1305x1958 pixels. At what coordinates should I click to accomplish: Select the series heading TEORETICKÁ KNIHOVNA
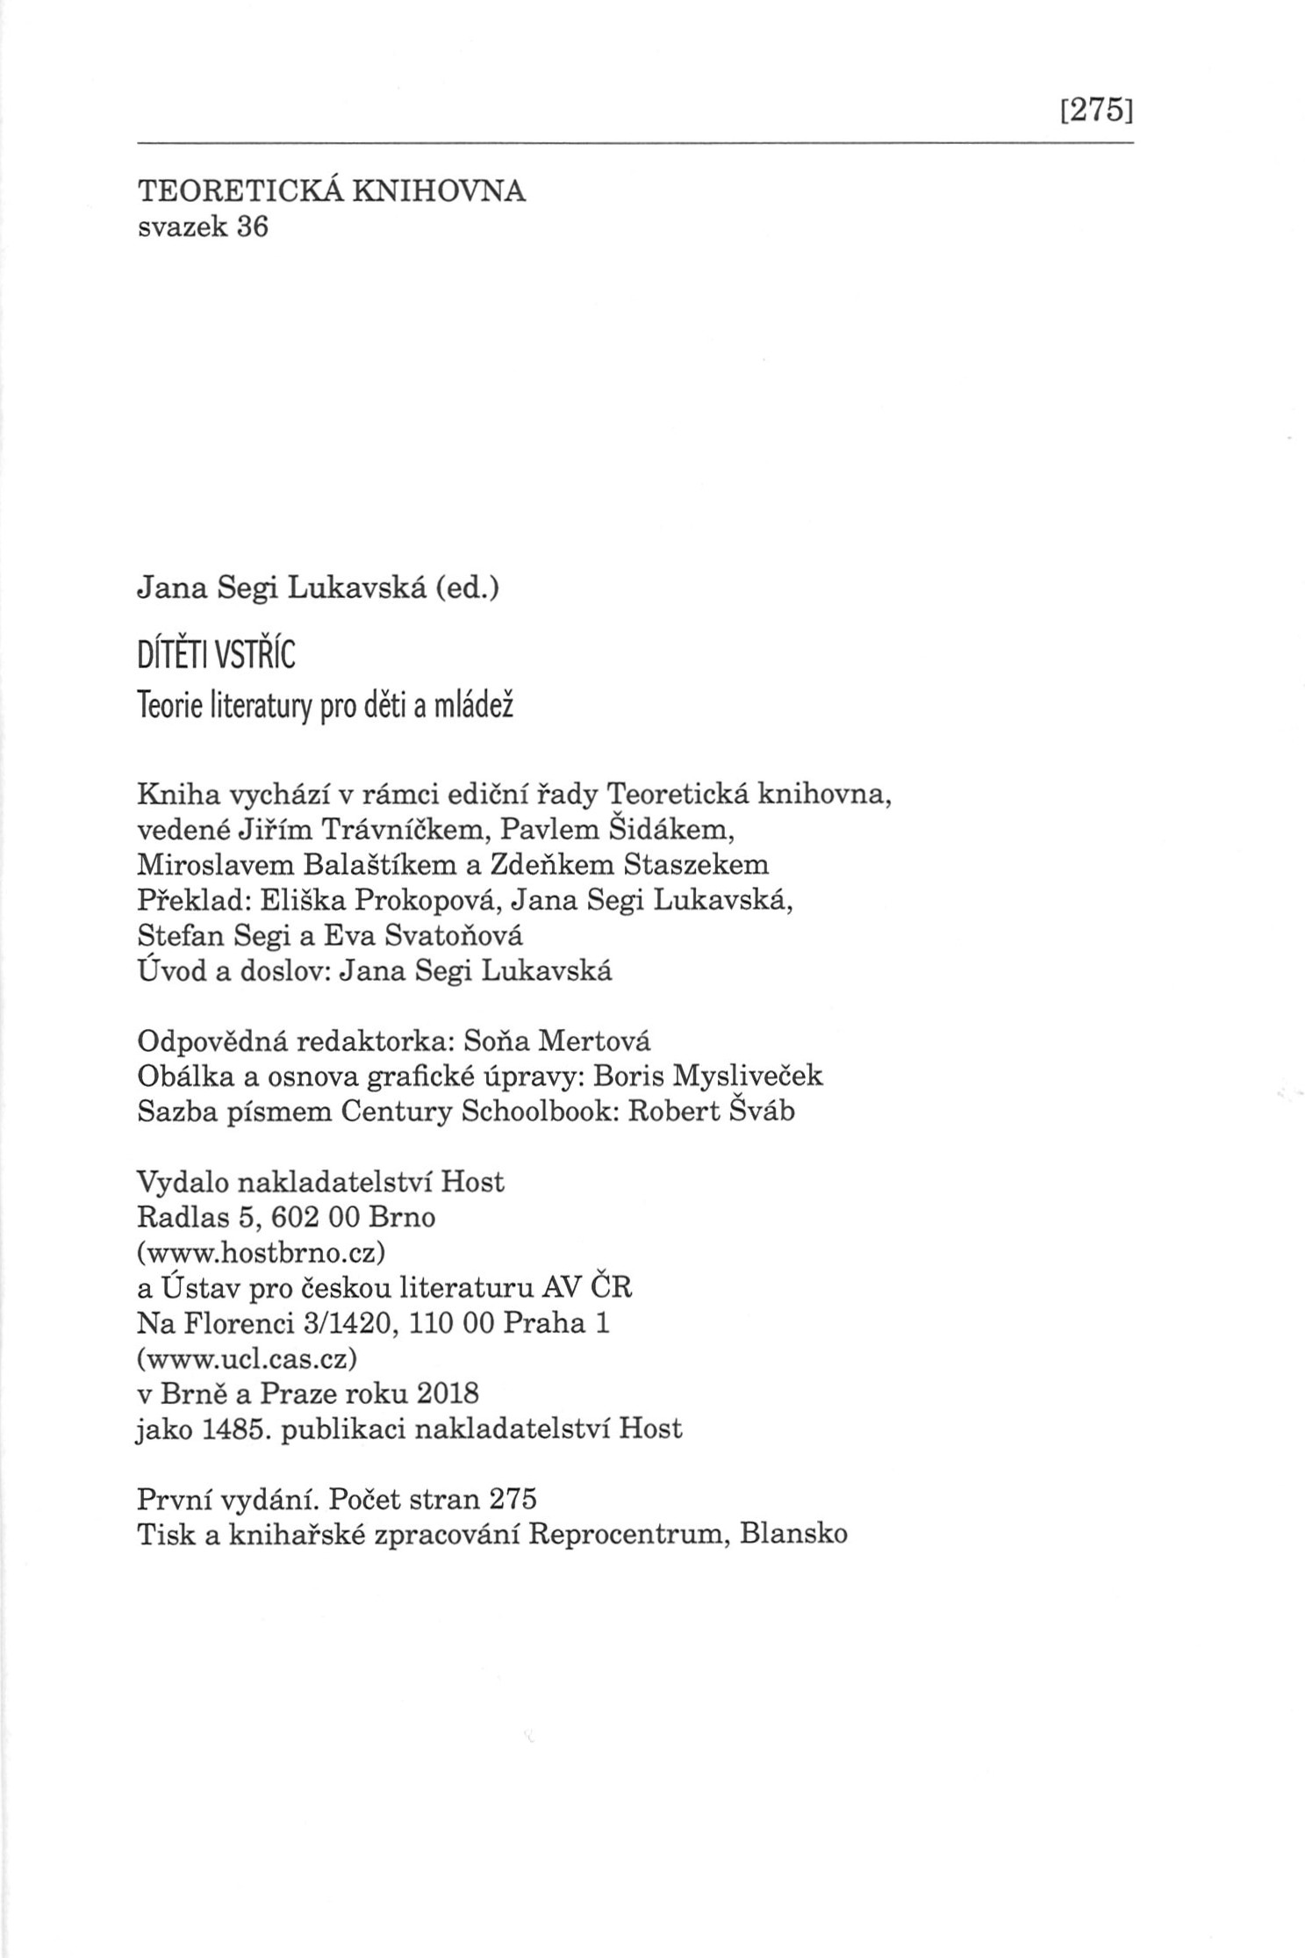click(x=332, y=191)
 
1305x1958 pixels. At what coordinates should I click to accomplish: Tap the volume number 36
click(x=249, y=227)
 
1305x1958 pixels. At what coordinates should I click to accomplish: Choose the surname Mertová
click(x=594, y=1041)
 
